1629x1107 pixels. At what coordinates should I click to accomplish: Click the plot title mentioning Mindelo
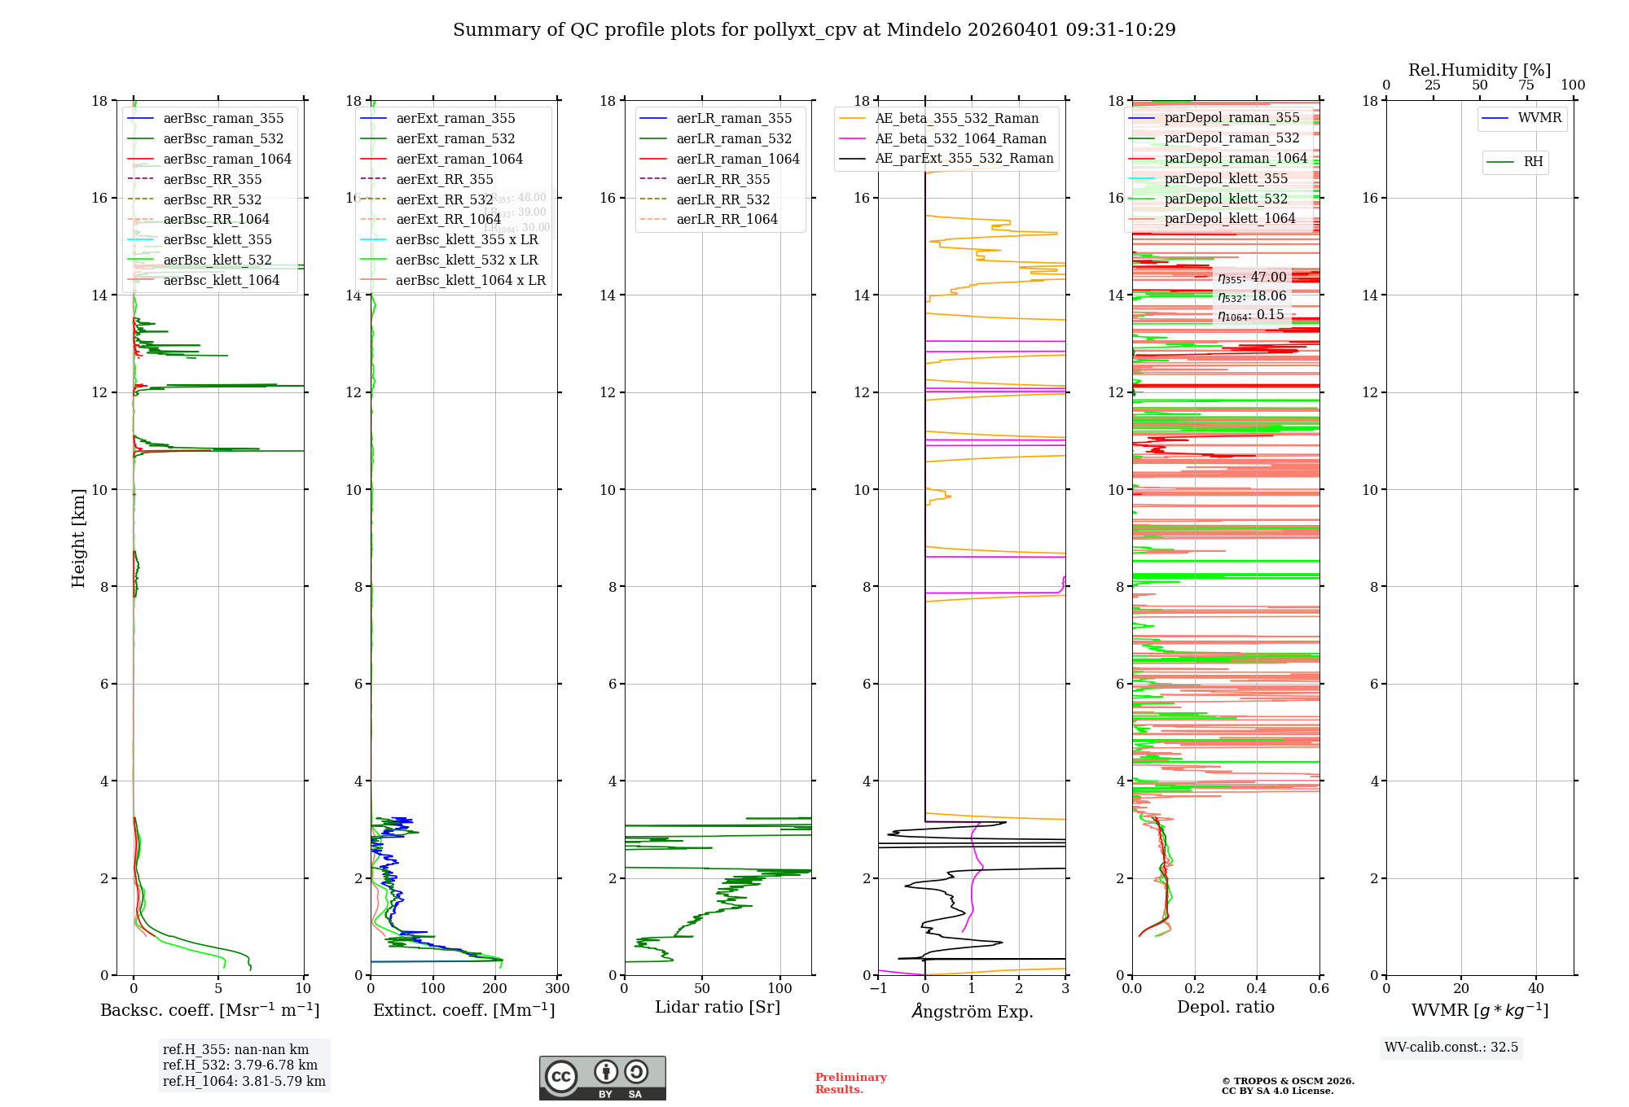point(814,30)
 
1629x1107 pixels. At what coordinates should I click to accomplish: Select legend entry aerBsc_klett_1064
point(221,280)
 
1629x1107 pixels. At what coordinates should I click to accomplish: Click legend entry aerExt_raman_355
point(455,119)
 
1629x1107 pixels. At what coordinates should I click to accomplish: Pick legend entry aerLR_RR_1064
point(727,219)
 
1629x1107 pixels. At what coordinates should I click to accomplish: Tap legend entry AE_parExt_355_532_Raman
point(964,158)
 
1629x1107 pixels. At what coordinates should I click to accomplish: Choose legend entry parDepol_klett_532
point(1226,199)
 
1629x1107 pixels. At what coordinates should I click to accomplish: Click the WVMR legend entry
point(1539,118)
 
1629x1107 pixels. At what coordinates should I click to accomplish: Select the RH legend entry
point(1533,162)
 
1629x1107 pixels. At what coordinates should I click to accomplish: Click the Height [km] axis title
point(78,537)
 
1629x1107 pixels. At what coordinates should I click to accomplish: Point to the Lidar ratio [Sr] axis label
point(718,1007)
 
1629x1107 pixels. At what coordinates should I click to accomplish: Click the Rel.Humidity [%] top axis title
point(1479,70)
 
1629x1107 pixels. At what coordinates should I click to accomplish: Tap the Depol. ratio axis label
point(1225,1007)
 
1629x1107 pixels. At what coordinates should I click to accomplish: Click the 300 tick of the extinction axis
point(558,989)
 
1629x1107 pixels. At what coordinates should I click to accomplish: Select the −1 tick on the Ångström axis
point(878,989)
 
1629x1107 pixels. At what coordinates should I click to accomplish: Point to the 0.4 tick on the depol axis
point(1257,989)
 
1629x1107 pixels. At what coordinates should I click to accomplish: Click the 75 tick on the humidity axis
point(1526,85)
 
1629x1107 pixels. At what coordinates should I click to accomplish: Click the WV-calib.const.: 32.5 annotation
point(1451,1047)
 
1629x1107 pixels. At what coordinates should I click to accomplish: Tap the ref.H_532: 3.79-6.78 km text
point(240,1065)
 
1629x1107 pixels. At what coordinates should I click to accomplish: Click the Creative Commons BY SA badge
point(602,1078)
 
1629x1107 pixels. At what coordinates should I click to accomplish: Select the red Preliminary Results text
point(850,1083)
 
